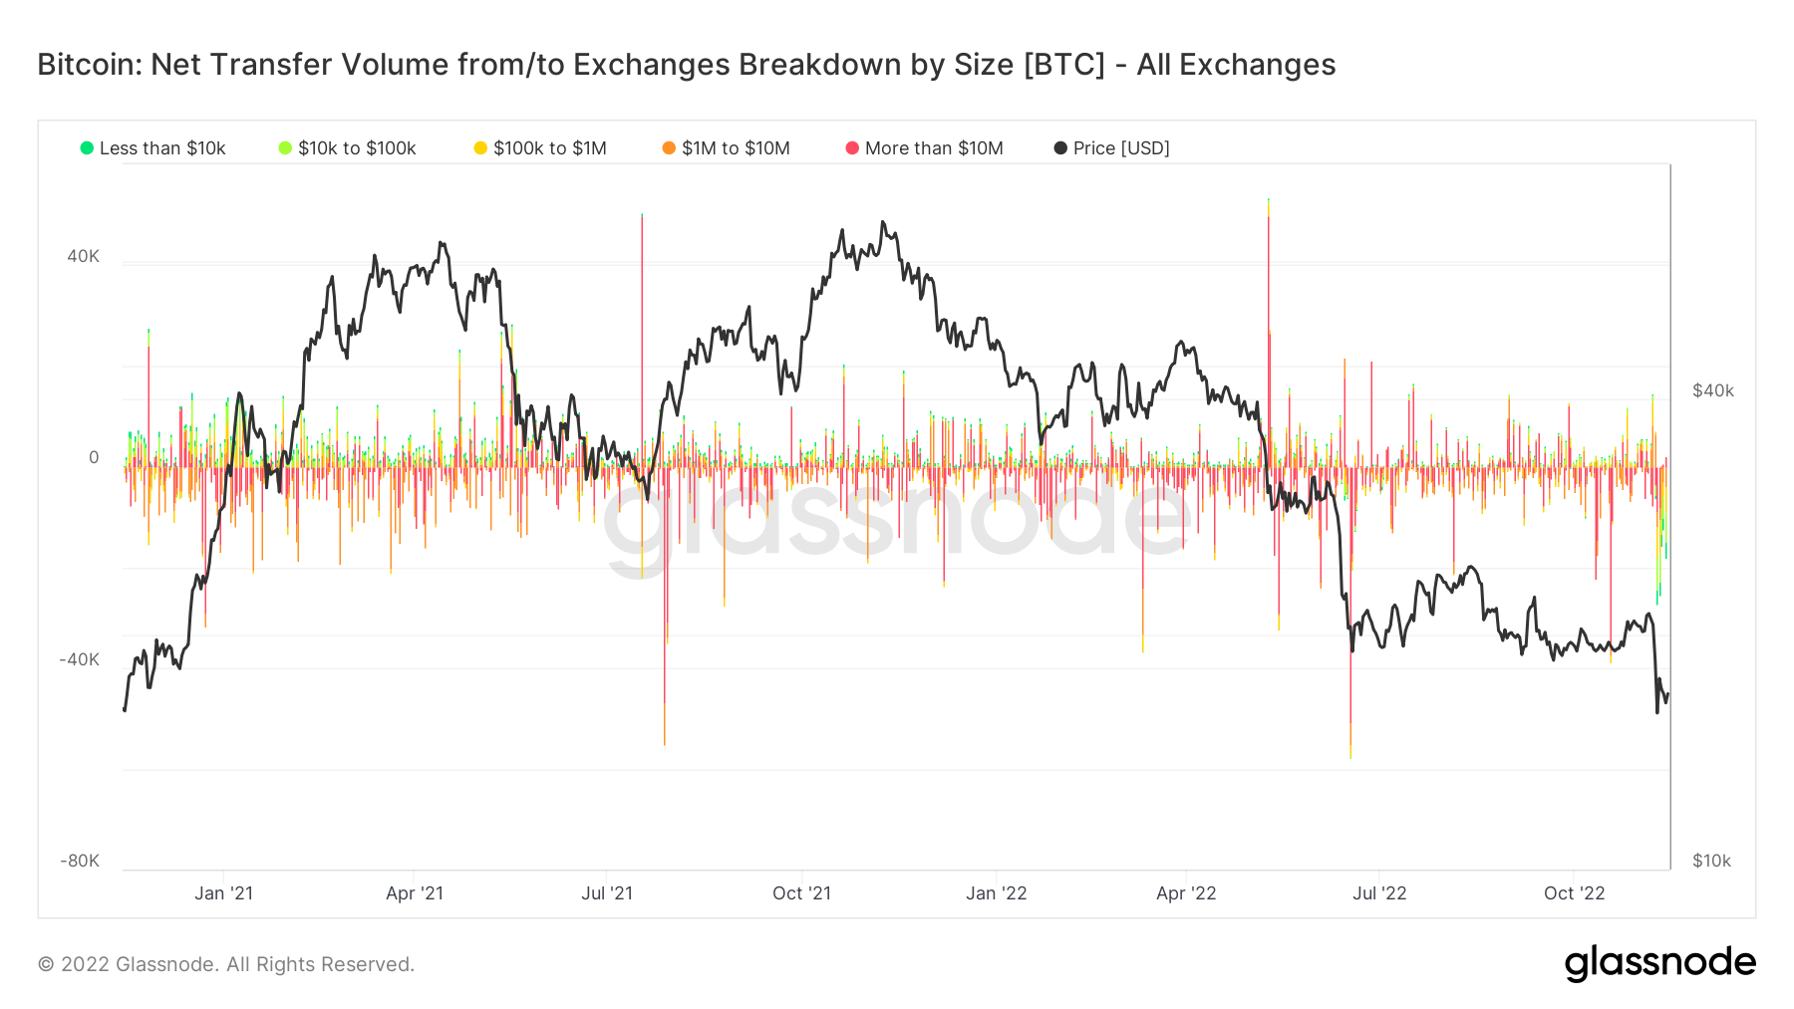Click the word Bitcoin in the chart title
(x=89, y=65)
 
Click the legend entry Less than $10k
(x=153, y=148)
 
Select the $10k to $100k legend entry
(x=348, y=148)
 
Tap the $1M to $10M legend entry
(x=727, y=148)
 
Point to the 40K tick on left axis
(x=84, y=256)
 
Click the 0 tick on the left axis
(x=94, y=457)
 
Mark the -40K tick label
(x=80, y=659)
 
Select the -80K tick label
(x=80, y=861)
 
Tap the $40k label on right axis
(x=1713, y=390)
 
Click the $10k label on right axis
(x=1711, y=861)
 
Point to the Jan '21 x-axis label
(x=223, y=893)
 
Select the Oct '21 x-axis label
(x=801, y=893)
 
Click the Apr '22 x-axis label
(x=1186, y=893)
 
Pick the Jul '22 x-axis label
(x=1379, y=893)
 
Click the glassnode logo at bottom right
(x=1659, y=963)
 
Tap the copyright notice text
(x=226, y=964)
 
